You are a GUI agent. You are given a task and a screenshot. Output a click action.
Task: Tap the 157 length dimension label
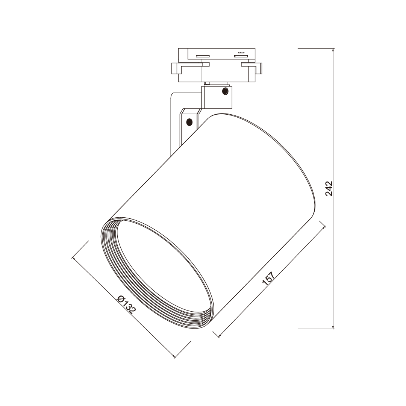pos(268,278)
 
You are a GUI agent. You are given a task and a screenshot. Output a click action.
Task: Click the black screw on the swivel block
pos(225,91)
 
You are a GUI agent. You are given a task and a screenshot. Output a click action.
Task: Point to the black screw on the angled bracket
pos(189,121)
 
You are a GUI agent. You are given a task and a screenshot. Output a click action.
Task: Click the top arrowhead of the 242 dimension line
pos(333,51)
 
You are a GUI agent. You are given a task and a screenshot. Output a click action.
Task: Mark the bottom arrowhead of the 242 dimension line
pos(333,327)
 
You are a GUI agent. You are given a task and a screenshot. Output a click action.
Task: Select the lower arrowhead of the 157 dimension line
pos(220,335)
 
